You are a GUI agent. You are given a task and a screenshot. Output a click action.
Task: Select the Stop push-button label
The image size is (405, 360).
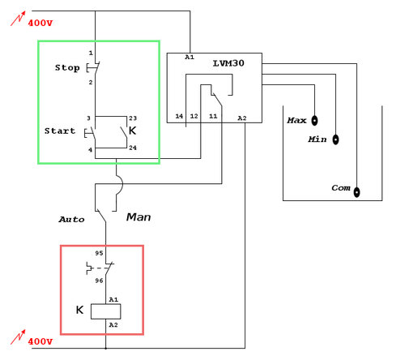point(67,67)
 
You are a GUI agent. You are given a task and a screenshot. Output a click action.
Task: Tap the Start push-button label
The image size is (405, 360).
point(60,130)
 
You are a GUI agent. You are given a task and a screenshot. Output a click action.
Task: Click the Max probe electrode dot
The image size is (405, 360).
point(315,120)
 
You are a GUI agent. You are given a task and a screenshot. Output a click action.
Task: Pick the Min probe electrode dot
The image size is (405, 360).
point(335,139)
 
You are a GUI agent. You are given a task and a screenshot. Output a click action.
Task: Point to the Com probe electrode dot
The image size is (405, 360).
point(356,193)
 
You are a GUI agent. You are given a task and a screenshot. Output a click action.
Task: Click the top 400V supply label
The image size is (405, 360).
point(40,22)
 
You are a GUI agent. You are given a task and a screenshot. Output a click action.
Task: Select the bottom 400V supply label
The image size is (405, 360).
point(40,341)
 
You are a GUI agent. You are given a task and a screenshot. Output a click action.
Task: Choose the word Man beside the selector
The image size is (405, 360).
point(137,217)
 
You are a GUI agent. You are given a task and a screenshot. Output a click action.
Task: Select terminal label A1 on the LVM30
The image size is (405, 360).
point(190,58)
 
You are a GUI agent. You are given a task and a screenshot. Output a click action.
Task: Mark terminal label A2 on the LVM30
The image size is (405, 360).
point(241,118)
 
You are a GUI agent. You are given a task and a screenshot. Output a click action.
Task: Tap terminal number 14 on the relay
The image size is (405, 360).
point(179,118)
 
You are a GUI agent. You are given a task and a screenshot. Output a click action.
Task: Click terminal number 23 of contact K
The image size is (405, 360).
point(133,118)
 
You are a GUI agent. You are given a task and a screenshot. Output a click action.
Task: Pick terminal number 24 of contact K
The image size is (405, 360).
point(133,148)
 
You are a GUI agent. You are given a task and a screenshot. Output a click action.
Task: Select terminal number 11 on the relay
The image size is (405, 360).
point(214,118)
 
